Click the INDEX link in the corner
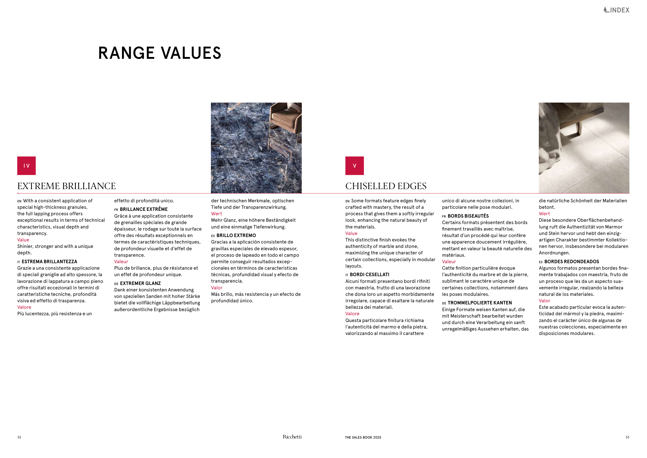[616, 10]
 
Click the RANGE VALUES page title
[159, 53]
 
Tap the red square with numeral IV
[26, 166]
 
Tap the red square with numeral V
[355, 166]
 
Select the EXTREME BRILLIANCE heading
[67, 186]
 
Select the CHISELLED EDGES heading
[386, 186]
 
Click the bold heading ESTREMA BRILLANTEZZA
[49, 262]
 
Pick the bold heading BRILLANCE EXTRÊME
[143, 209]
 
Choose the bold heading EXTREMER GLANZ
[140, 283]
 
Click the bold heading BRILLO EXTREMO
[236, 235]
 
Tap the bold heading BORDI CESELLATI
[369, 275]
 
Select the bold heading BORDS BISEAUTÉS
[468, 216]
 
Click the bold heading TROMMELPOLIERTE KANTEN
[479, 303]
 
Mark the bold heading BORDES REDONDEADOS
[571, 262]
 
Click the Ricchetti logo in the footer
[292, 437]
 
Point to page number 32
[19, 438]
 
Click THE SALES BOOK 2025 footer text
[363, 438]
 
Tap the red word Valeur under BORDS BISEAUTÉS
[449, 262]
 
